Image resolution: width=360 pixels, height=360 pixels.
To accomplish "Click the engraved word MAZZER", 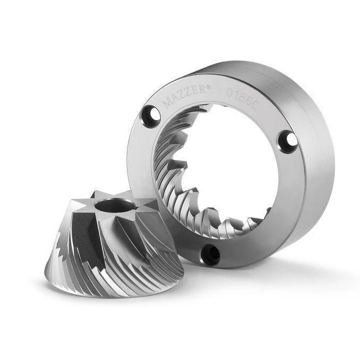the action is [184, 96].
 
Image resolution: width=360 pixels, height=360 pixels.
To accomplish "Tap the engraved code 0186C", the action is [243, 98].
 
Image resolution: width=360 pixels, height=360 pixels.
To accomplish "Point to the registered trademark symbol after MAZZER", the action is [208, 87].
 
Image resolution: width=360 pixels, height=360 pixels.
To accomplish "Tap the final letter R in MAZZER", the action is [202, 89].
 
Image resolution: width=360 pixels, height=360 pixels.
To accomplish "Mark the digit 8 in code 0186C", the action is [242, 97].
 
